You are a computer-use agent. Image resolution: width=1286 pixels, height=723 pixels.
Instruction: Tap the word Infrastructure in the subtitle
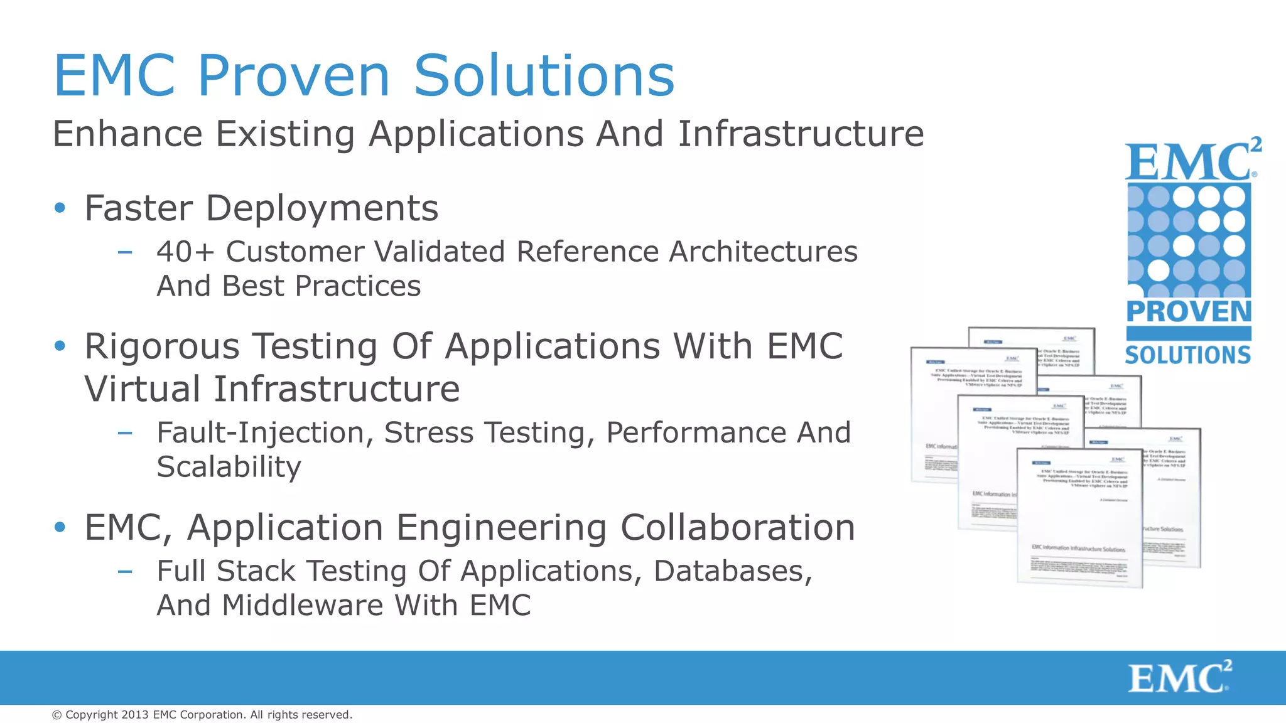click(x=801, y=134)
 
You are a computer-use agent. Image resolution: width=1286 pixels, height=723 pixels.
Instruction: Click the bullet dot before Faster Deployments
click(x=60, y=208)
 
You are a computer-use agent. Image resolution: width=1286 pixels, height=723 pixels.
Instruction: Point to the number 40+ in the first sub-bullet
click(x=185, y=252)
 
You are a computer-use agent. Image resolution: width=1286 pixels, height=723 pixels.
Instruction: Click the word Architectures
click(x=763, y=252)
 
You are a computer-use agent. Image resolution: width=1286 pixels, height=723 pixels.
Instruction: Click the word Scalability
click(x=229, y=467)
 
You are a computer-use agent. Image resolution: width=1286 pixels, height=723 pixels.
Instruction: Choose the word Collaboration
click(x=738, y=527)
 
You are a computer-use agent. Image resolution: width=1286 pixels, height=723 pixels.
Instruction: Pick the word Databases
click(x=733, y=571)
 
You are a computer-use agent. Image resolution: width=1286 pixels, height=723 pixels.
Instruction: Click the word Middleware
click(x=302, y=606)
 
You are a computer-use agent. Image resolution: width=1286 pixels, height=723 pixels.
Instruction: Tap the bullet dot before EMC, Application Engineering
click(x=60, y=527)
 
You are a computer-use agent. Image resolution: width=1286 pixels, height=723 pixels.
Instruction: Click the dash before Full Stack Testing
click(x=125, y=571)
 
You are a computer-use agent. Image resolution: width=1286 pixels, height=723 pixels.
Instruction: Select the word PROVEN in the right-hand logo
click(x=1189, y=312)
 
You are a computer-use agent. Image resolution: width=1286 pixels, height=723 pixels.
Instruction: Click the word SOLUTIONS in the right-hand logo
click(x=1188, y=355)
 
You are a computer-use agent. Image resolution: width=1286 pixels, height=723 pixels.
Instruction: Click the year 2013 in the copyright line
click(x=135, y=715)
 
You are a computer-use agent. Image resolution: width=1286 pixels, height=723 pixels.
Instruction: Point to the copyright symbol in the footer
click(x=57, y=715)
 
